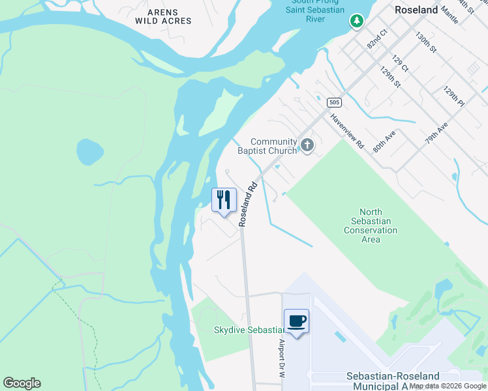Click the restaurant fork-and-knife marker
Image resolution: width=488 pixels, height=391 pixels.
pos(224,199)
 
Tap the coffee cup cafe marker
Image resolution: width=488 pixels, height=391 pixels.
pos(297,321)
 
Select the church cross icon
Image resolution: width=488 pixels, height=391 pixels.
pos(306,145)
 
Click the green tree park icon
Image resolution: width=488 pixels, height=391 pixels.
pos(356,22)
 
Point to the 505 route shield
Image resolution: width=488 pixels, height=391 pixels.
pos(333,102)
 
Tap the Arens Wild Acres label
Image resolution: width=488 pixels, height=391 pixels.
pos(163,17)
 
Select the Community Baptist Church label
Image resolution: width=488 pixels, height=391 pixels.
pos(273,147)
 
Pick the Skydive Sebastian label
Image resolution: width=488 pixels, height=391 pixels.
pos(248,330)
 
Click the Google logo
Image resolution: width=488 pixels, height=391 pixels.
pos(22,383)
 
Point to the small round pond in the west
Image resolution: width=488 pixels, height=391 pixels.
pos(90,152)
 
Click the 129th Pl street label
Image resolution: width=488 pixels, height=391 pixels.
pos(453,96)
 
